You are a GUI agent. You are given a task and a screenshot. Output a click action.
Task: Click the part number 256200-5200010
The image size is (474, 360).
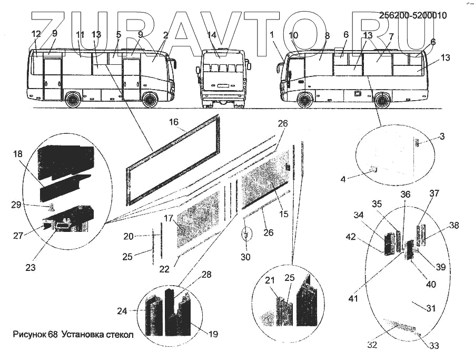click(413, 16)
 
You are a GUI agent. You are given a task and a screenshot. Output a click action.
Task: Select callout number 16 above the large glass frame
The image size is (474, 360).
click(174, 122)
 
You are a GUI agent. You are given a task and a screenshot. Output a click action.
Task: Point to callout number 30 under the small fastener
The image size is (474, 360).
click(245, 257)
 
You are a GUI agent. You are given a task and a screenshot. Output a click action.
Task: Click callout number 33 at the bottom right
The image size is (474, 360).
click(434, 346)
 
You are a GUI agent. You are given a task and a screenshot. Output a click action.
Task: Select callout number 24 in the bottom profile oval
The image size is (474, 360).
click(122, 311)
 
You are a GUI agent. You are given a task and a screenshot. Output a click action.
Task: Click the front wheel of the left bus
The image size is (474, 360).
click(150, 100)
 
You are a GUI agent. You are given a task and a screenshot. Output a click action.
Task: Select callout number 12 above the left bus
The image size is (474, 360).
click(36, 34)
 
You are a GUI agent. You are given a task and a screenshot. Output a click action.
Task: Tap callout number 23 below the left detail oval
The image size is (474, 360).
click(30, 267)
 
